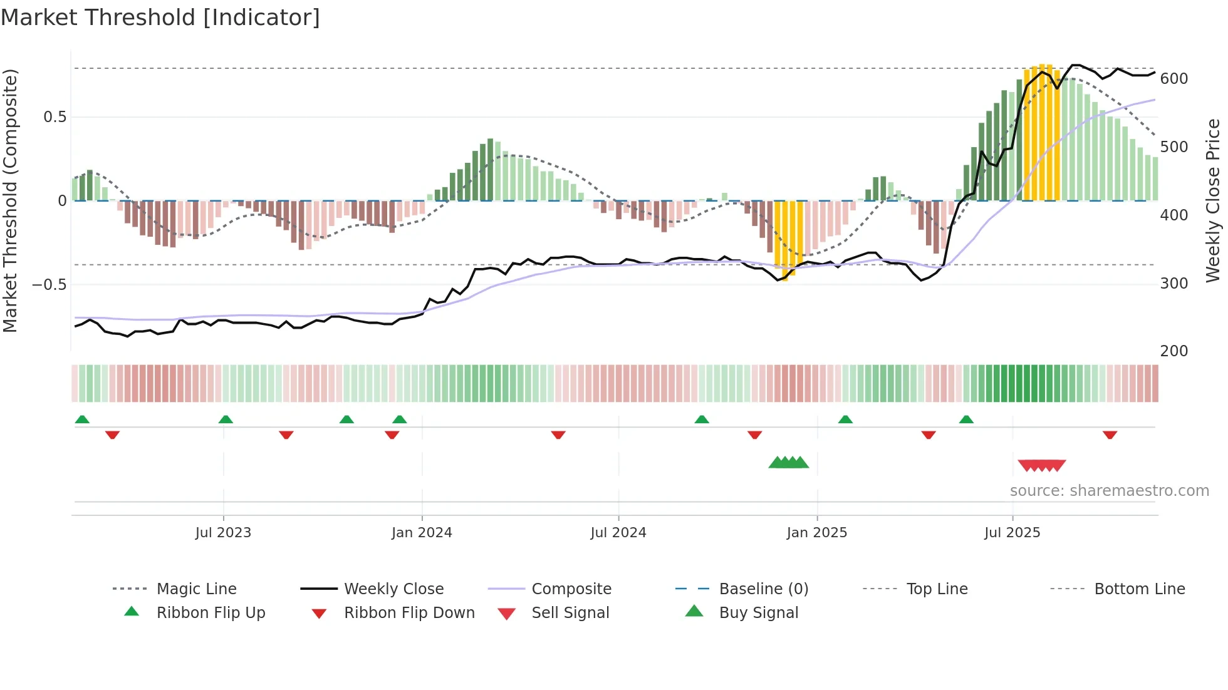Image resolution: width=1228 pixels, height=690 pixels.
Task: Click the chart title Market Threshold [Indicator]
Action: pyautogui.click(x=160, y=18)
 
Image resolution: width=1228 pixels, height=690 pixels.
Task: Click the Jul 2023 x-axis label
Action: pyautogui.click(x=223, y=533)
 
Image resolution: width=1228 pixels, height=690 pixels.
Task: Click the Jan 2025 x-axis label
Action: pyautogui.click(x=816, y=533)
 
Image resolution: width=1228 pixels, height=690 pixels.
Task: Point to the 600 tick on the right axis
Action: pyautogui.click(x=1173, y=79)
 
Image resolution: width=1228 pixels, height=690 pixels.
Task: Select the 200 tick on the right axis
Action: pyautogui.click(x=1173, y=351)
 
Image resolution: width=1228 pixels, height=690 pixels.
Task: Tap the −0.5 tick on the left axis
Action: pyautogui.click(x=49, y=285)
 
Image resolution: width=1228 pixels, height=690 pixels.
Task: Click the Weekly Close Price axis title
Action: pyautogui.click(x=1213, y=200)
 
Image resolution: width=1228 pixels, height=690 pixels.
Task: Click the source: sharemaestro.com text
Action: pyautogui.click(x=1109, y=491)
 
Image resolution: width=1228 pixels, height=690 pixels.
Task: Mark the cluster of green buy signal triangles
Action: pyautogui.click(x=789, y=463)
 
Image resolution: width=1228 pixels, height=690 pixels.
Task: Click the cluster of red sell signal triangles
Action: pyautogui.click(x=1041, y=465)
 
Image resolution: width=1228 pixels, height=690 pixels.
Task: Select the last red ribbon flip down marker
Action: pyautogui.click(x=1110, y=435)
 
